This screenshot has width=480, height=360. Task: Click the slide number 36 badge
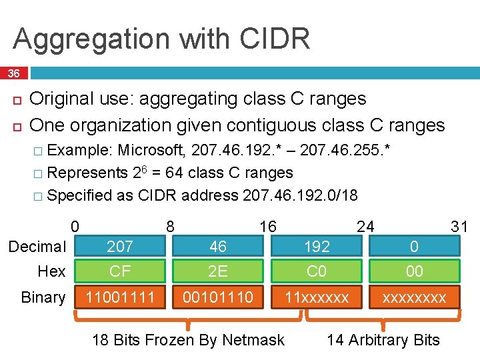[13, 73]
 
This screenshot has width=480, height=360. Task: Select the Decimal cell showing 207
[120, 247]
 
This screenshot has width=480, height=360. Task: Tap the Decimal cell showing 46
[218, 247]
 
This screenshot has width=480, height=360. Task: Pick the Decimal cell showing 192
[317, 247]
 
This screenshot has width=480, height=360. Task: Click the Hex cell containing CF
[120, 271]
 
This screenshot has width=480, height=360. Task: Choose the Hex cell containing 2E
[218, 271]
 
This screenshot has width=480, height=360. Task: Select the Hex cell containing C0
[317, 271]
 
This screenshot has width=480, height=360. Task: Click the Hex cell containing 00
[414, 271]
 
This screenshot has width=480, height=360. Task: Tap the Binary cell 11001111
[120, 297]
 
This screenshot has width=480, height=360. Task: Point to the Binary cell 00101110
[218, 297]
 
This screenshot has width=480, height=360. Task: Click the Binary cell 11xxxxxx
[317, 297]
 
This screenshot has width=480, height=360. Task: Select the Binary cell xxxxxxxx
[414, 297]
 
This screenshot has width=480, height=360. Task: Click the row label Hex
[51, 271]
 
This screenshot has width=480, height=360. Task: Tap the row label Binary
[43, 297]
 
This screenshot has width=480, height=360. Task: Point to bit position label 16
[268, 227]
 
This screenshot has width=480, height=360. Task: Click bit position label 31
[459, 227]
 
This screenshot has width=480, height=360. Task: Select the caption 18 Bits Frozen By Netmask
[188, 340]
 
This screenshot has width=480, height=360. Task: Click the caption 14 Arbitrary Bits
[383, 340]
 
